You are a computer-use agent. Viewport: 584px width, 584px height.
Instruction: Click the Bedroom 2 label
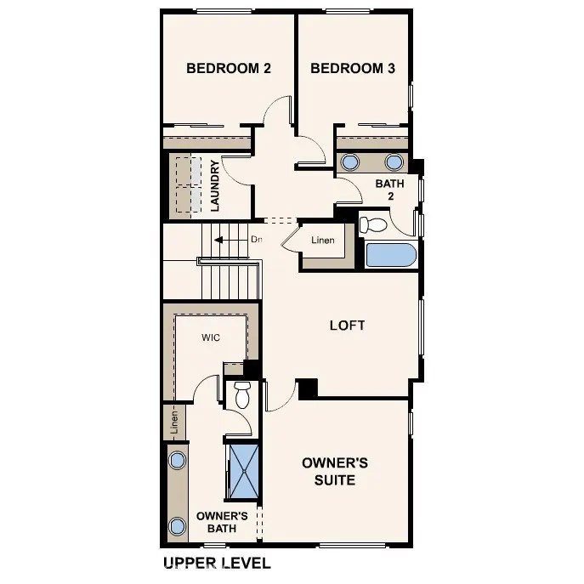click(x=228, y=69)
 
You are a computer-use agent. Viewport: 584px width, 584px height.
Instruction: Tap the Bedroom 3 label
click(x=352, y=69)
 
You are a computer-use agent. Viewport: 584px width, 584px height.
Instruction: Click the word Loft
click(x=347, y=326)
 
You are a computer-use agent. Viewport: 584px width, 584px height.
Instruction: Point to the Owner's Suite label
click(x=335, y=472)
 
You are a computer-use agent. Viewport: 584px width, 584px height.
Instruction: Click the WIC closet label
click(x=211, y=337)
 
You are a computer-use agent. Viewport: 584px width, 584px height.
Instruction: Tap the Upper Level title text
click(x=216, y=563)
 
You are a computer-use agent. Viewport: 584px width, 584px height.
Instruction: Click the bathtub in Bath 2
click(x=390, y=256)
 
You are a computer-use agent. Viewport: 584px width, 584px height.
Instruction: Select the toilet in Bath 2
click(x=373, y=224)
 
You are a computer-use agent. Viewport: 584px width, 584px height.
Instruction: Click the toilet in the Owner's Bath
click(x=242, y=394)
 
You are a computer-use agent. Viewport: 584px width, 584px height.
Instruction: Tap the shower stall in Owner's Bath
click(x=243, y=470)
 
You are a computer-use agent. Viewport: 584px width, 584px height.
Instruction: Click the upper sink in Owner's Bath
click(x=177, y=461)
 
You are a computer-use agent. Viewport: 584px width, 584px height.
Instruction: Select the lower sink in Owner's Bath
click(x=177, y=525)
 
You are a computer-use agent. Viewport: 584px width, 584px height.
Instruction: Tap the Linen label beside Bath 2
click(x=321, y=241)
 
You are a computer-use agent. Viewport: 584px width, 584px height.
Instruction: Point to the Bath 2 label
click(x=389, y=189)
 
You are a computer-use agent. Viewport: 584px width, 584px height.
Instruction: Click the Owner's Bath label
click(x=222, y=522)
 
